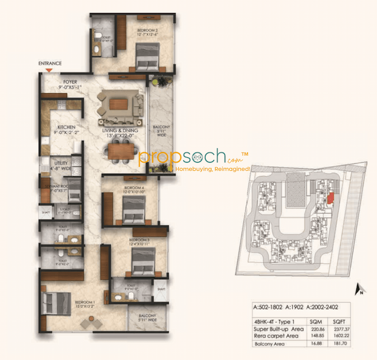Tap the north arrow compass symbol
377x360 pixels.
pyautogui.click(x=357, y=289)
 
